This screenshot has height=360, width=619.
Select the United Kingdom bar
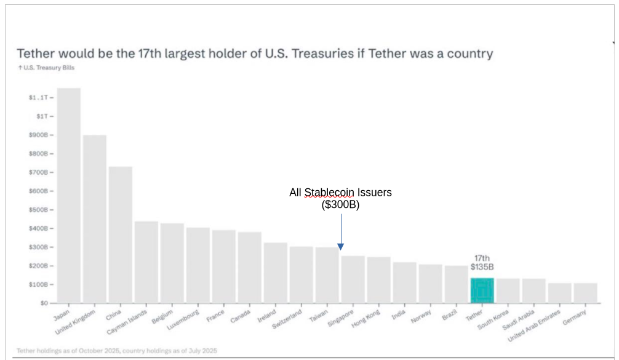click(95, 219)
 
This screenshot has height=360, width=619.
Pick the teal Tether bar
click(482, 290)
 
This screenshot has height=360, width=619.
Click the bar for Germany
click(586, 293)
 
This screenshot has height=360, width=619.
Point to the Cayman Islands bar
click(146, 262)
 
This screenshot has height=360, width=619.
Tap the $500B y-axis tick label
click(38, 210)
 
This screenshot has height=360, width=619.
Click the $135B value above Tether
click(482, 267)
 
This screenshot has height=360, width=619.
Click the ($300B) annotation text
click(340, 205)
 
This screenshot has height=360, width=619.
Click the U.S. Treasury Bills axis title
click(46, 68)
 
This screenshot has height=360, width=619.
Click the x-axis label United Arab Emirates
click(534, 326)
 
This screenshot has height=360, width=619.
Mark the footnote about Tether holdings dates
click(117, 350)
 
